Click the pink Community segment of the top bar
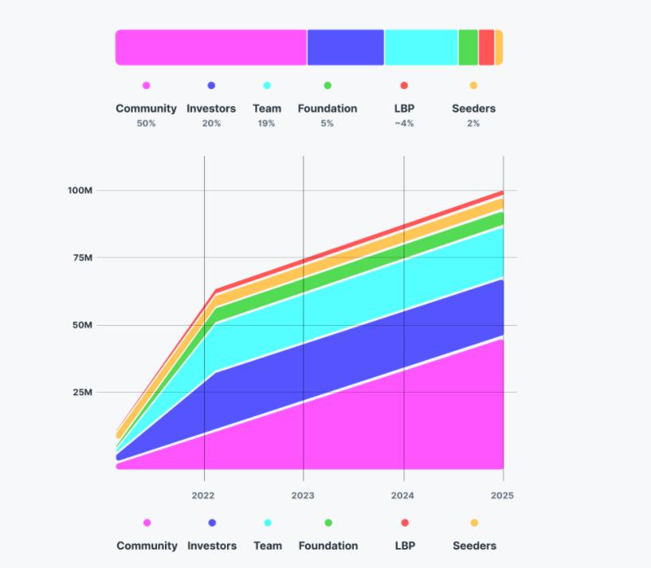click(211, 47)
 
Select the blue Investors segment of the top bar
click(346, 47)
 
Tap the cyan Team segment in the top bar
click(421, 47)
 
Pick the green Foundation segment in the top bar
click(469, 47)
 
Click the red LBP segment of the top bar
click(486, 47)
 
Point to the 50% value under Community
click(146, 123)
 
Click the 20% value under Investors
click(211, 123)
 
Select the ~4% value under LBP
click(404, 123)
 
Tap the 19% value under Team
click(267, 123)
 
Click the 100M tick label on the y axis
click(80, 190)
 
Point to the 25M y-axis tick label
click(83, 392)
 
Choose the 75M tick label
click(83, 257)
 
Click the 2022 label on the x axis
click(203, 495)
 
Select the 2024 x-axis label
click(403, 495)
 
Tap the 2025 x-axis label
click(502, 495)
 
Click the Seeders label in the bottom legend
click(474, 546)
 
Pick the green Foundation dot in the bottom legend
click(328, 523)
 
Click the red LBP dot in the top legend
click(404, 85)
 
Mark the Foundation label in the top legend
click(327, 108)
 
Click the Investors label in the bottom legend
click(212, 546)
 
